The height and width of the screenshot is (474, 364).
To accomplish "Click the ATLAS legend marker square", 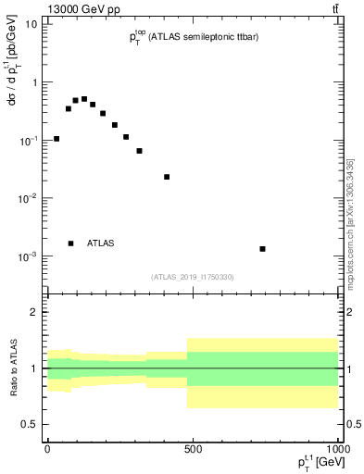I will click(x=70, y=243).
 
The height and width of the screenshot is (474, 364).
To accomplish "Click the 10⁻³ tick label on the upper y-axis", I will click(x=30, y=256).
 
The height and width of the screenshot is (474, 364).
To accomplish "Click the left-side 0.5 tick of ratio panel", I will click(x=30, y=424).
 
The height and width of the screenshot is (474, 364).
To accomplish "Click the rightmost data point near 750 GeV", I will click(x=263, y=248).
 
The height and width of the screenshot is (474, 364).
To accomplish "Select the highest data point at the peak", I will click(x=84, y=99).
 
